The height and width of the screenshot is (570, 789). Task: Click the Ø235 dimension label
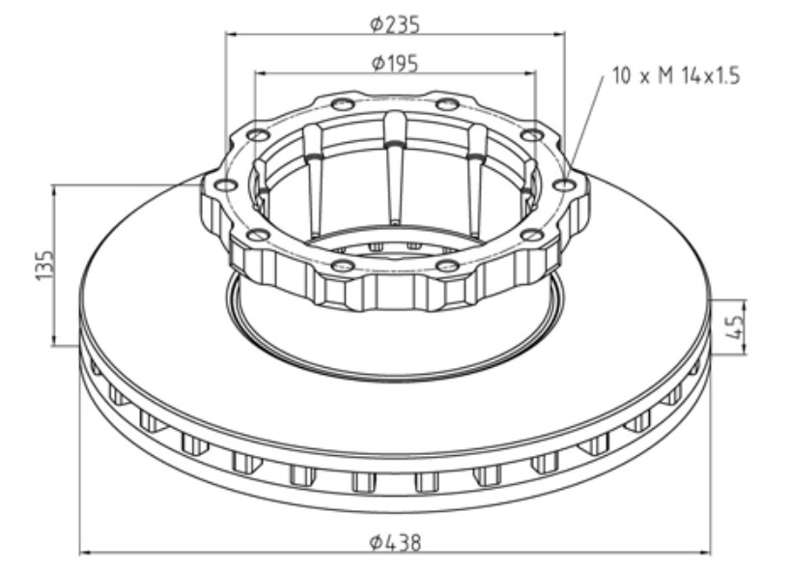pos(394,23)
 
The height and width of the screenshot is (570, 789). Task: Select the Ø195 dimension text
pos(394,64)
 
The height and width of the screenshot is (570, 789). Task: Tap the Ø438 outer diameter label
pos(395,542)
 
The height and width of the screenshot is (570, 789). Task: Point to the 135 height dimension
pos(44,265)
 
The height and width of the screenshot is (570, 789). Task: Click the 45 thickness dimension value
pos(735,328)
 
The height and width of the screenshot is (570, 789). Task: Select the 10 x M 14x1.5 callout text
pos(676,76)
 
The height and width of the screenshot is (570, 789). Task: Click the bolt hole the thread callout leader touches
pos(564,185)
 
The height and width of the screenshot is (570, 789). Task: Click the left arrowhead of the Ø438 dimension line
pos(87,553)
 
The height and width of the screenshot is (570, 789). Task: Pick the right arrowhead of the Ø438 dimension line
pos(703,553)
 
